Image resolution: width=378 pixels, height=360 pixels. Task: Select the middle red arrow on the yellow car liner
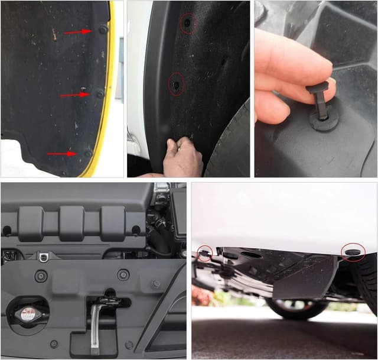pos(74,95)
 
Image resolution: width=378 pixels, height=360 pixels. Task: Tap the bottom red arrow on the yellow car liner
pos(62,154)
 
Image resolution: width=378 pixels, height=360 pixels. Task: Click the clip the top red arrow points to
pos(103,29)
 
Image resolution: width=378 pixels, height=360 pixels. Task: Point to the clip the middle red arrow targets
pos(100,93)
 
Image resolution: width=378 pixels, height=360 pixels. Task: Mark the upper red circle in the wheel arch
pos(188,23)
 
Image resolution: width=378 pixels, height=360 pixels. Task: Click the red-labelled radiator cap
pos(27,313)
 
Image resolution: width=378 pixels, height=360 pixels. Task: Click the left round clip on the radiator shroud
pos(41,276)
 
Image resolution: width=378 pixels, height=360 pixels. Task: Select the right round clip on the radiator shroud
pos(123,275)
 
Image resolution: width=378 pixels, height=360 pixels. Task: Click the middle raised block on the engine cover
pos(72,222)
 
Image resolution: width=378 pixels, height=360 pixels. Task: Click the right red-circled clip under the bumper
pos(353,252)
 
